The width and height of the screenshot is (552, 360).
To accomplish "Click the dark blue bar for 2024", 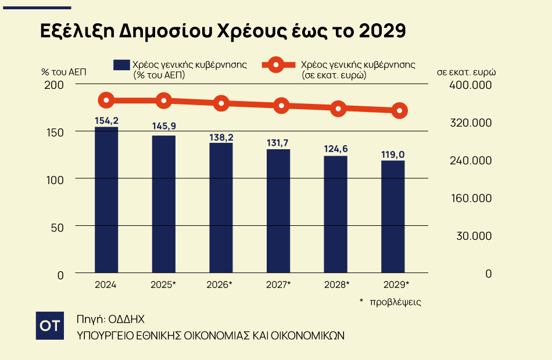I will (106, 200).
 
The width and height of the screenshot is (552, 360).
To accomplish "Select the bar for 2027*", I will (278, 211).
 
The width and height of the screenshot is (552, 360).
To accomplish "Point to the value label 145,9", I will (163, 126).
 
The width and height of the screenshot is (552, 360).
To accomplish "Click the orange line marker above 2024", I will (106, 100).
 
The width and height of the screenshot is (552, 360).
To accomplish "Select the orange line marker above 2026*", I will (221, 104).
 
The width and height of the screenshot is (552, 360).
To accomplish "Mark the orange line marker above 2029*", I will (399, 110).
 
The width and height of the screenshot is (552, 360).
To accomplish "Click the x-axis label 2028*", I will (336, 285).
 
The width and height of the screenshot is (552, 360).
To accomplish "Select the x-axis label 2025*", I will (163, 285).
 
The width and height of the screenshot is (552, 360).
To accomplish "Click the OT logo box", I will (50, 326).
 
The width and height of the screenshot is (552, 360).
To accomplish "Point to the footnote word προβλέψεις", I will (398, 302).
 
